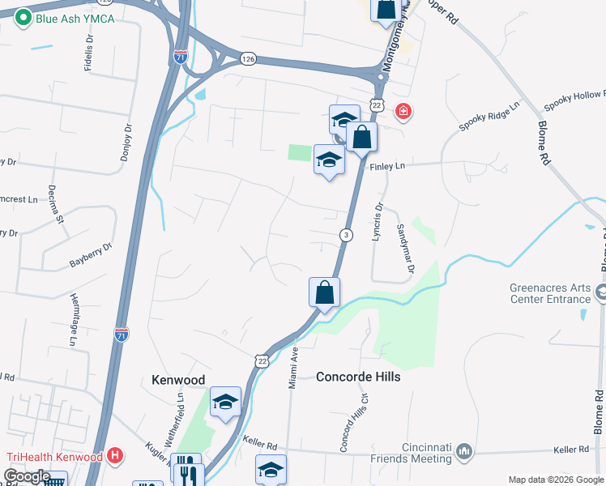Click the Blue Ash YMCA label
75,18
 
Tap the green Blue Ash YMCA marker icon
23,17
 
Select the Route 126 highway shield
249,58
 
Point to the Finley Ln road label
387,166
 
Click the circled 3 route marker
346,235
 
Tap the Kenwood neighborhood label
178,379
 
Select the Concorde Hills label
358,377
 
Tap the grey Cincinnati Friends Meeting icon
464,450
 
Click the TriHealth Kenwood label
55,457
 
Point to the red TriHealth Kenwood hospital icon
115,456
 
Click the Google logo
27,476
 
